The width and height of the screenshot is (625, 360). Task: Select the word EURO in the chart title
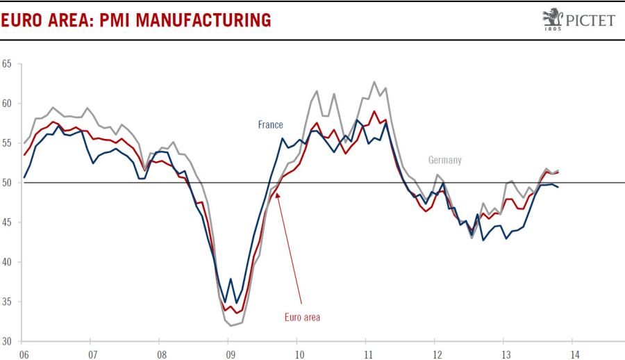tap(22, 20)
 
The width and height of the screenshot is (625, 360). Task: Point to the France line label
tap(270, 125)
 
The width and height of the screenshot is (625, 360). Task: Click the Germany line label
tap(444, 160)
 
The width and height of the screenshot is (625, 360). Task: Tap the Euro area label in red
tap(302, 317)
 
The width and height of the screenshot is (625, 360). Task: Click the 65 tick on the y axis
tap(7, 64)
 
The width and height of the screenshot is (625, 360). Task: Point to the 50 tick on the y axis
tap(7, 183)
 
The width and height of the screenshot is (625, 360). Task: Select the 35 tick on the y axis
tap(7, 302)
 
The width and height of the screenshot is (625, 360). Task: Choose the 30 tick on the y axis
tap(7, 341)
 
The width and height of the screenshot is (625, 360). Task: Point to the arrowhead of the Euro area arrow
tap(277, 195)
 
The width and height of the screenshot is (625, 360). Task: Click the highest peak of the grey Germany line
tap(374, 82)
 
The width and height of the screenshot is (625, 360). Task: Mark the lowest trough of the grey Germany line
tap(231, 325)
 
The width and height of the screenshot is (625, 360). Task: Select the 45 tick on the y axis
tap(7, 222)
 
